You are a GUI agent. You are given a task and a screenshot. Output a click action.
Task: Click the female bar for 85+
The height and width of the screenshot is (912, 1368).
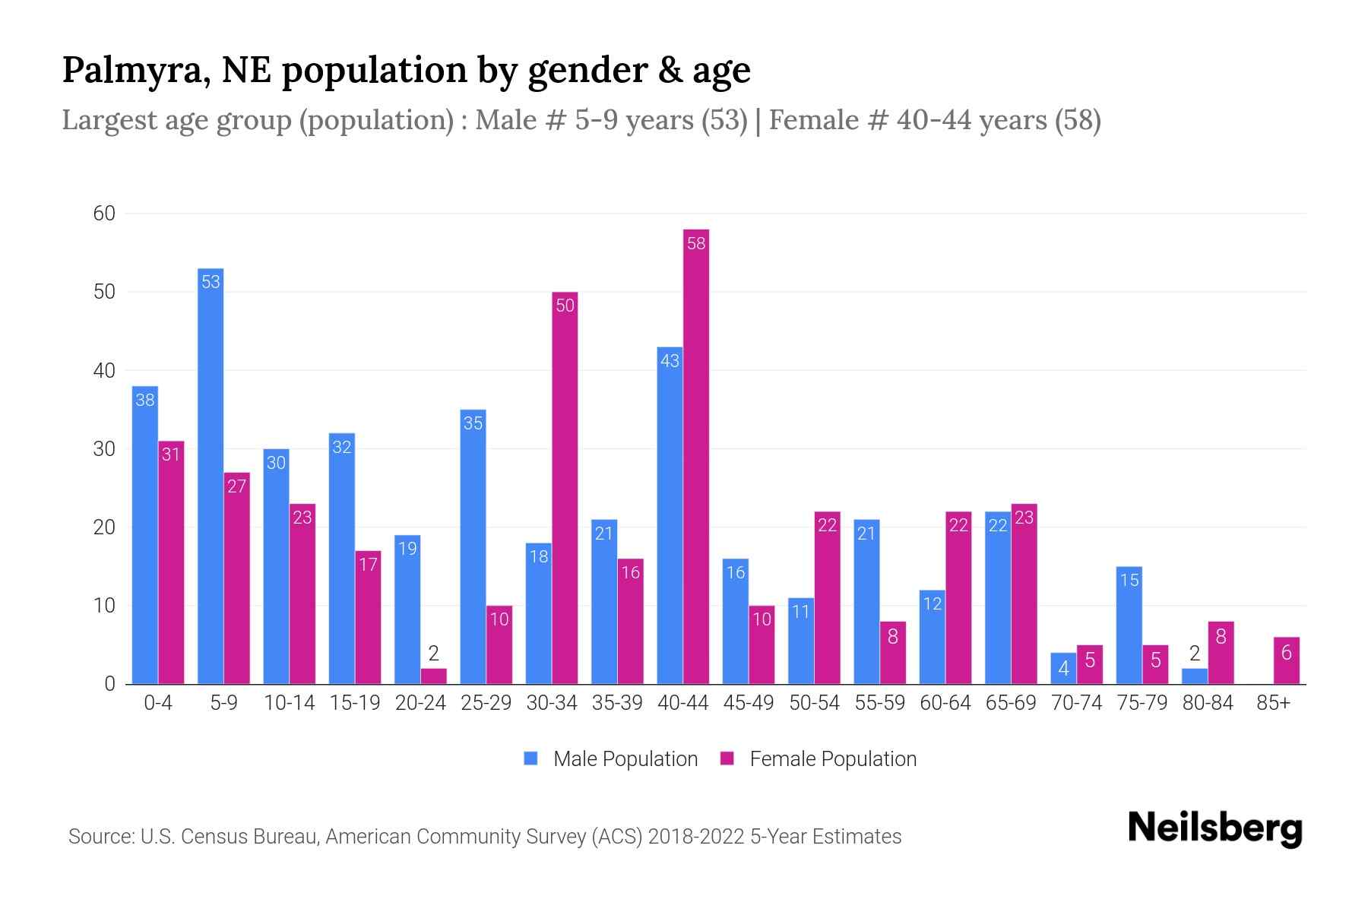[1287, 661]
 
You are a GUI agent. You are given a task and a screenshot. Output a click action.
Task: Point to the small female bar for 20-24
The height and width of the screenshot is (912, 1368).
[434, 676]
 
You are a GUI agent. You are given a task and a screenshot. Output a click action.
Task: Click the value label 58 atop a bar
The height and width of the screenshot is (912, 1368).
[696, 243]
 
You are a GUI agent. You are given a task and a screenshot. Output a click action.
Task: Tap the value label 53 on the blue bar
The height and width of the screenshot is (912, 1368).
[211, 282]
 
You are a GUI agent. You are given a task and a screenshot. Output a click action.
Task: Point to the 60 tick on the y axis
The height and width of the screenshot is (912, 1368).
[104, 214]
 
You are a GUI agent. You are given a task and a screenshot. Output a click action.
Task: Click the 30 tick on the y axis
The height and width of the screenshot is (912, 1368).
[104, 449]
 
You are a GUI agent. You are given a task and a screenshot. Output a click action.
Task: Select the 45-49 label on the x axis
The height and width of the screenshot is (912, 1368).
[749, 703]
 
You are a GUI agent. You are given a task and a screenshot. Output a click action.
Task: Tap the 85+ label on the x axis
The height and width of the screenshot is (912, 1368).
[1274, 703]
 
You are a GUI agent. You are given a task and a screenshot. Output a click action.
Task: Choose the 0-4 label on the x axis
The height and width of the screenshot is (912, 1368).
[158, 703]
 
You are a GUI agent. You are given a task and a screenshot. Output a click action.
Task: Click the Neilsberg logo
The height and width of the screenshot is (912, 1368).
[1214, 828]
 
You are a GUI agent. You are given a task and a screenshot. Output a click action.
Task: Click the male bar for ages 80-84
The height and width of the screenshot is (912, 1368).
[1195, 676]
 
